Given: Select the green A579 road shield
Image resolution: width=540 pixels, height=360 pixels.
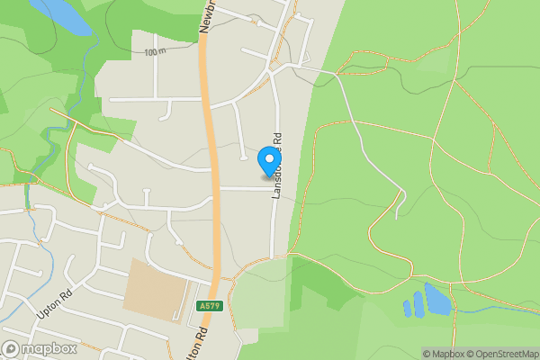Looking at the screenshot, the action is (207, 307).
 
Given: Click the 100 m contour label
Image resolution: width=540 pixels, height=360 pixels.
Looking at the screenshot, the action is (155, 52).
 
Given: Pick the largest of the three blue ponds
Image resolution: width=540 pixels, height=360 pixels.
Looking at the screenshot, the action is (437, 299).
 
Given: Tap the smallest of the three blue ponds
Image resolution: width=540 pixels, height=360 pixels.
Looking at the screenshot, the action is (407, 309).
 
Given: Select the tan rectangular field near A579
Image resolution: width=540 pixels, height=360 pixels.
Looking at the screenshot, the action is (157, 289).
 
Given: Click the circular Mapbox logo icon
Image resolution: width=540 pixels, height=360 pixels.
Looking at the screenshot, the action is (12, 348).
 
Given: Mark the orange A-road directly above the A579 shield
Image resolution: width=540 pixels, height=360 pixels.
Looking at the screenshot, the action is (216, 261).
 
